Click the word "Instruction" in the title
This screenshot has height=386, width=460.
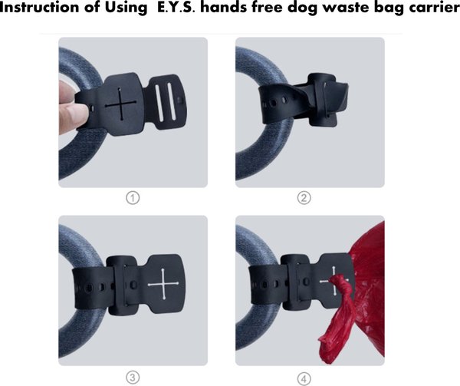click(40, 8)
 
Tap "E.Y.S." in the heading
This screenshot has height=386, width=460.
click(176, 8)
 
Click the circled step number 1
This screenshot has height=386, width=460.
click(133, 198)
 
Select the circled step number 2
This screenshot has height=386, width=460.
click(304, 198)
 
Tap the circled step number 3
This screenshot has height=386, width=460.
click(133, 378)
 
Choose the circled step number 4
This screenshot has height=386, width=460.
click(304, 378)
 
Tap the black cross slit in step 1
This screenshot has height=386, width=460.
click(120, 104)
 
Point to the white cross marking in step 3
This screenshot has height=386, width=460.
click(163, 284)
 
